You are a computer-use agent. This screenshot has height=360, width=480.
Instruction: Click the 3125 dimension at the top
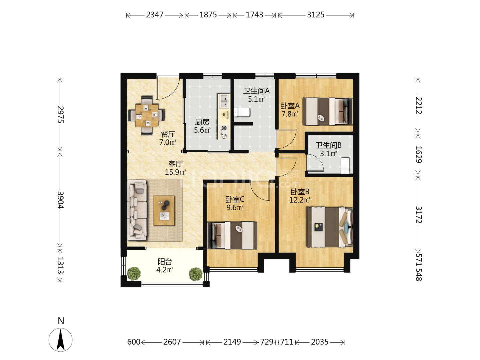coord(315,15)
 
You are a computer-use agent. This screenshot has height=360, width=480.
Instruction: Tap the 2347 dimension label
coord(155,15)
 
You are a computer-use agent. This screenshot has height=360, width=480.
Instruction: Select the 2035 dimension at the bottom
coord(319,342)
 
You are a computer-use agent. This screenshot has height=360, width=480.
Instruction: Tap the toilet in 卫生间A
coord(242,112)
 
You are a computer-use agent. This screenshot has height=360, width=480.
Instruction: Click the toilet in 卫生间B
coord(345,166)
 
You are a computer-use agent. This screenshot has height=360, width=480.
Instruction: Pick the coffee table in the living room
coord(164,210)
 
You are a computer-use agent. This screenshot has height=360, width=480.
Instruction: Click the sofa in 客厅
coord(137,210)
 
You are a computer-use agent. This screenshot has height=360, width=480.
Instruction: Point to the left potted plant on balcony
coord(134,273)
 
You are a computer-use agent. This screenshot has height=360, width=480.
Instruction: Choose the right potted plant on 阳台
coord(195,274)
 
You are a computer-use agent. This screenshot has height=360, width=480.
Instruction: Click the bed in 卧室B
coord(330,227)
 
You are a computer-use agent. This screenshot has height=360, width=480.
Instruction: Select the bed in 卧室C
coord(232,235)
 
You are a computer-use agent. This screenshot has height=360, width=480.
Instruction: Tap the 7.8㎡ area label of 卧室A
coord(290,114)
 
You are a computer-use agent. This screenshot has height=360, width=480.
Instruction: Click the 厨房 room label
coord(202,122)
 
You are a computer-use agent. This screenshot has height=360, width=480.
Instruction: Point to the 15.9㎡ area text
coord(175,172)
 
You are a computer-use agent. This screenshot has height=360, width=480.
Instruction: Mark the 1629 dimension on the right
coord(418,154)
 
